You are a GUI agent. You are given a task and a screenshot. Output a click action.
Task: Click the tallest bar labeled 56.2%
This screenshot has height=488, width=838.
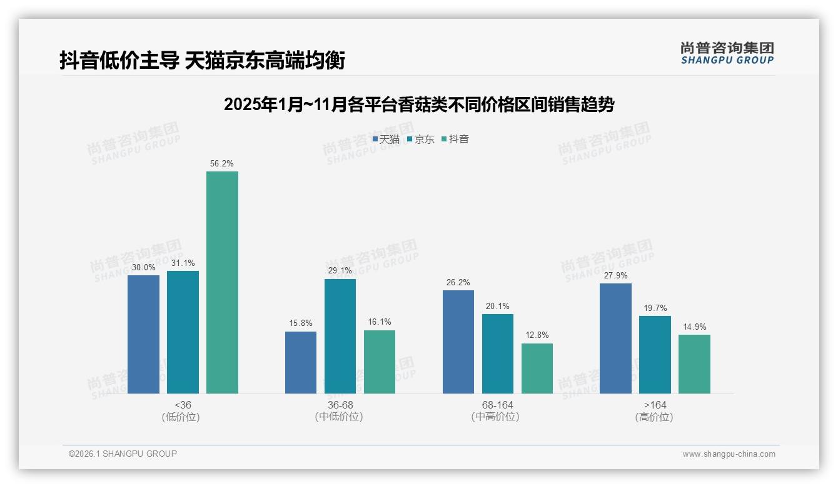click(x=222, y=282)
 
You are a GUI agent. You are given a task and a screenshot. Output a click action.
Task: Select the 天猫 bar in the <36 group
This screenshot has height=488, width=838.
click(x=143, y=334)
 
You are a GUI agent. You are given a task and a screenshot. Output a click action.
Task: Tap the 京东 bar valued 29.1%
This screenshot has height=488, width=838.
click(x=340, y=336)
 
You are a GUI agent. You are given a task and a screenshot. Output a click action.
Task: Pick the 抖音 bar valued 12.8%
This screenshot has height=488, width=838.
click(x=537, y=368)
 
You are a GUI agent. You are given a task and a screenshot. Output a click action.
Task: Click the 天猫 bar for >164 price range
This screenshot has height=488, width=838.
click(x=615, y=338)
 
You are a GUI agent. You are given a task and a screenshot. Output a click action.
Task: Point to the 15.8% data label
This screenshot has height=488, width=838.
click(x=301, y=323)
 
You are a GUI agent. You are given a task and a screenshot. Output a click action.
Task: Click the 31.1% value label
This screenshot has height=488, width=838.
click(x=183, y=263)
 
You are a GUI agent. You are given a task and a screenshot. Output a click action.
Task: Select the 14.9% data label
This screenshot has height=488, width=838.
click(x=694, y=327)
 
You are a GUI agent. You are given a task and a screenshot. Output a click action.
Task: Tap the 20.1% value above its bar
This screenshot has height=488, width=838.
click(x=497, y=306)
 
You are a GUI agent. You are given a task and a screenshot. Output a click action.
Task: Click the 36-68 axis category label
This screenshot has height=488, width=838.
click(x=340, y=405)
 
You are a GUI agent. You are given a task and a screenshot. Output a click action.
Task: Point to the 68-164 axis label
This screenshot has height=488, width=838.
click(x=497, y=405)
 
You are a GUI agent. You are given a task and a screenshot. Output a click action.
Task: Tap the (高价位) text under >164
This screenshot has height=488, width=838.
click(x=654, y=417)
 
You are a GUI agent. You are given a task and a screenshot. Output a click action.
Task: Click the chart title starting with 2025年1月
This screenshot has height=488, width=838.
click(x=418, y=104)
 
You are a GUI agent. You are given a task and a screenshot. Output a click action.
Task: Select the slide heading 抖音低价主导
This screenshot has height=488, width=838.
click(x=202, y=61)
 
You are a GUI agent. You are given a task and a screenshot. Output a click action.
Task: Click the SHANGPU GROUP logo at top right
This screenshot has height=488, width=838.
click(x=727, y=53)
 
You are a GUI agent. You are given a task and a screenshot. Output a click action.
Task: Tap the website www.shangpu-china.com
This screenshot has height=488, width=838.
click(x=729, y=454)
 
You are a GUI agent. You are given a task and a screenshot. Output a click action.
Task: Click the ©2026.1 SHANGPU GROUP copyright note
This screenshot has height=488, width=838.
click(x=123, y=454)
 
